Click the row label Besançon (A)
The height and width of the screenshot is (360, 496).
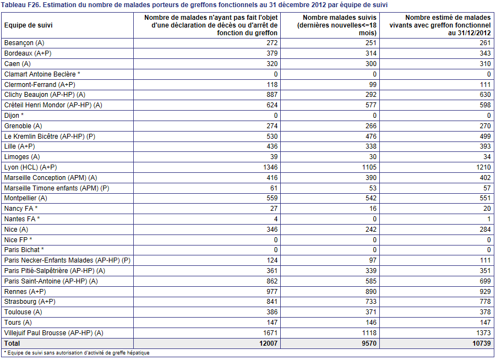pos(24,43)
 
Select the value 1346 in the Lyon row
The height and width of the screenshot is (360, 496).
pos(270,167)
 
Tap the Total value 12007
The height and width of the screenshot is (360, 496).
pos(268,343)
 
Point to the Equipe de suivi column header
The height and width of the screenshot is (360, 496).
pos(28,25)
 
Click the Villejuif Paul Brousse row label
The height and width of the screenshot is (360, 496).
pos(53,333)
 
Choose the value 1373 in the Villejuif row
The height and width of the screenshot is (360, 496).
pos(483,333)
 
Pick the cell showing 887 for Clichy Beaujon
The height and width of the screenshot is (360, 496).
pos(272,95)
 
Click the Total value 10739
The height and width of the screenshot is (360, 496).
pos(482,343)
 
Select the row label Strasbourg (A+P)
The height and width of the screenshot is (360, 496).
pos(30,302)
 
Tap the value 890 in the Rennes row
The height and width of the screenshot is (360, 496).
pos(371,291)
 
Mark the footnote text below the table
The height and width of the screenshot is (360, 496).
pos(77,353)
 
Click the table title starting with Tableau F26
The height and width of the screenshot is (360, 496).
pos(194,5)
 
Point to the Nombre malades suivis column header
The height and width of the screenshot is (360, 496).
pos(337,25)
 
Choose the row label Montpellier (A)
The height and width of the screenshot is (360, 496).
pos(26,198)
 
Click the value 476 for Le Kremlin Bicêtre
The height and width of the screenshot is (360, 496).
pos(371,137)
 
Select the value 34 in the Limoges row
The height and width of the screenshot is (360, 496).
pos(487,156)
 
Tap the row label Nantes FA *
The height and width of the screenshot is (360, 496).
pos(22,219)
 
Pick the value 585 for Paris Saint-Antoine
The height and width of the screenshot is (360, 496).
pos(371,281)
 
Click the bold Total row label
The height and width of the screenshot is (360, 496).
pos(12,343)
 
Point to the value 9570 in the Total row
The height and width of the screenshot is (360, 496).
pos(369,343)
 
